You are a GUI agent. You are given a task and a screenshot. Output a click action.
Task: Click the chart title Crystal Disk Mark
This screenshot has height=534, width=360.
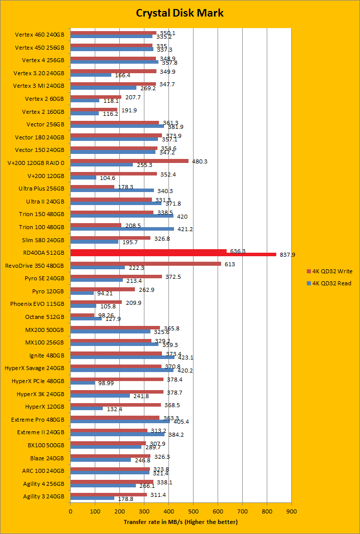180,13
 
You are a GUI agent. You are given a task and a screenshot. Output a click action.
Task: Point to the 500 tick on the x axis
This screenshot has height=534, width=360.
193,511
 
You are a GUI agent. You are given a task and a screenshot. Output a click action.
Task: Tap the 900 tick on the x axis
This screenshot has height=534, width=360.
291,511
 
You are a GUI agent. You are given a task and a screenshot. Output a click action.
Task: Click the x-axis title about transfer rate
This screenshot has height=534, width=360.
181,522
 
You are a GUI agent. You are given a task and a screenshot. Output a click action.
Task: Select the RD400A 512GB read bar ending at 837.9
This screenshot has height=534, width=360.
173,254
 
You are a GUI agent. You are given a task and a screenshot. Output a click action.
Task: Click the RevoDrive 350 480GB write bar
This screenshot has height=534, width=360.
145,264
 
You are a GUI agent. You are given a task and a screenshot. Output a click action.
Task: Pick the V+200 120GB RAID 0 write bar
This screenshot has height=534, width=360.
129,161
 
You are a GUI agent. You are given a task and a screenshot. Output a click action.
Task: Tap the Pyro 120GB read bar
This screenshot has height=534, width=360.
82,293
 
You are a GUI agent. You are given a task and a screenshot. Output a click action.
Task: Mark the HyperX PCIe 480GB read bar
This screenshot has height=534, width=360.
82,383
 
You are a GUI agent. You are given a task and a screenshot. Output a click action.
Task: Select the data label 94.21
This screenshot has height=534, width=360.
104,293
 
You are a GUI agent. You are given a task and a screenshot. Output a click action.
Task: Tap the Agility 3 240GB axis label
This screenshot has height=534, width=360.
44,496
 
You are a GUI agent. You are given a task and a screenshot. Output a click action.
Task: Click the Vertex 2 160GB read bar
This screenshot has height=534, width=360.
84,113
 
